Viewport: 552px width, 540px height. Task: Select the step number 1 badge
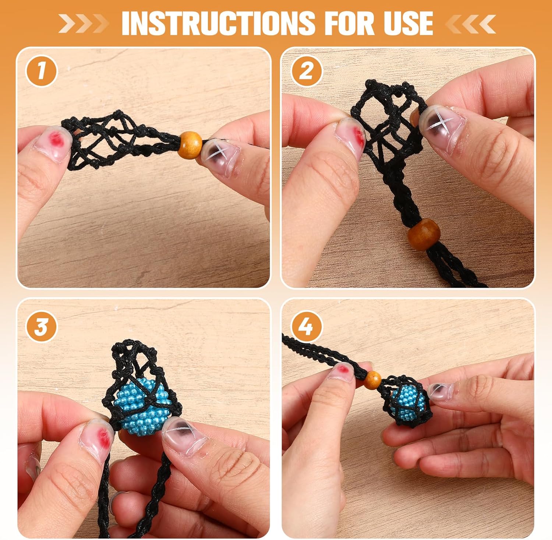point(41,71)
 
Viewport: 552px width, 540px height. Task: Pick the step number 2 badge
point(306,71)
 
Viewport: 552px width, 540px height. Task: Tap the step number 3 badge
point(41,326)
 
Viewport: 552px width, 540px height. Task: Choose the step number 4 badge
point(306,326)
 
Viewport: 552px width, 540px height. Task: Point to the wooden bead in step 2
point(424,234)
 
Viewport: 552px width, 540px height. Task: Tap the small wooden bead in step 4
point(373,379)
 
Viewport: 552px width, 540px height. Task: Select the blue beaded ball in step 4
point(408,404)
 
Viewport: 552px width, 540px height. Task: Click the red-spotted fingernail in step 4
point(343,371)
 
